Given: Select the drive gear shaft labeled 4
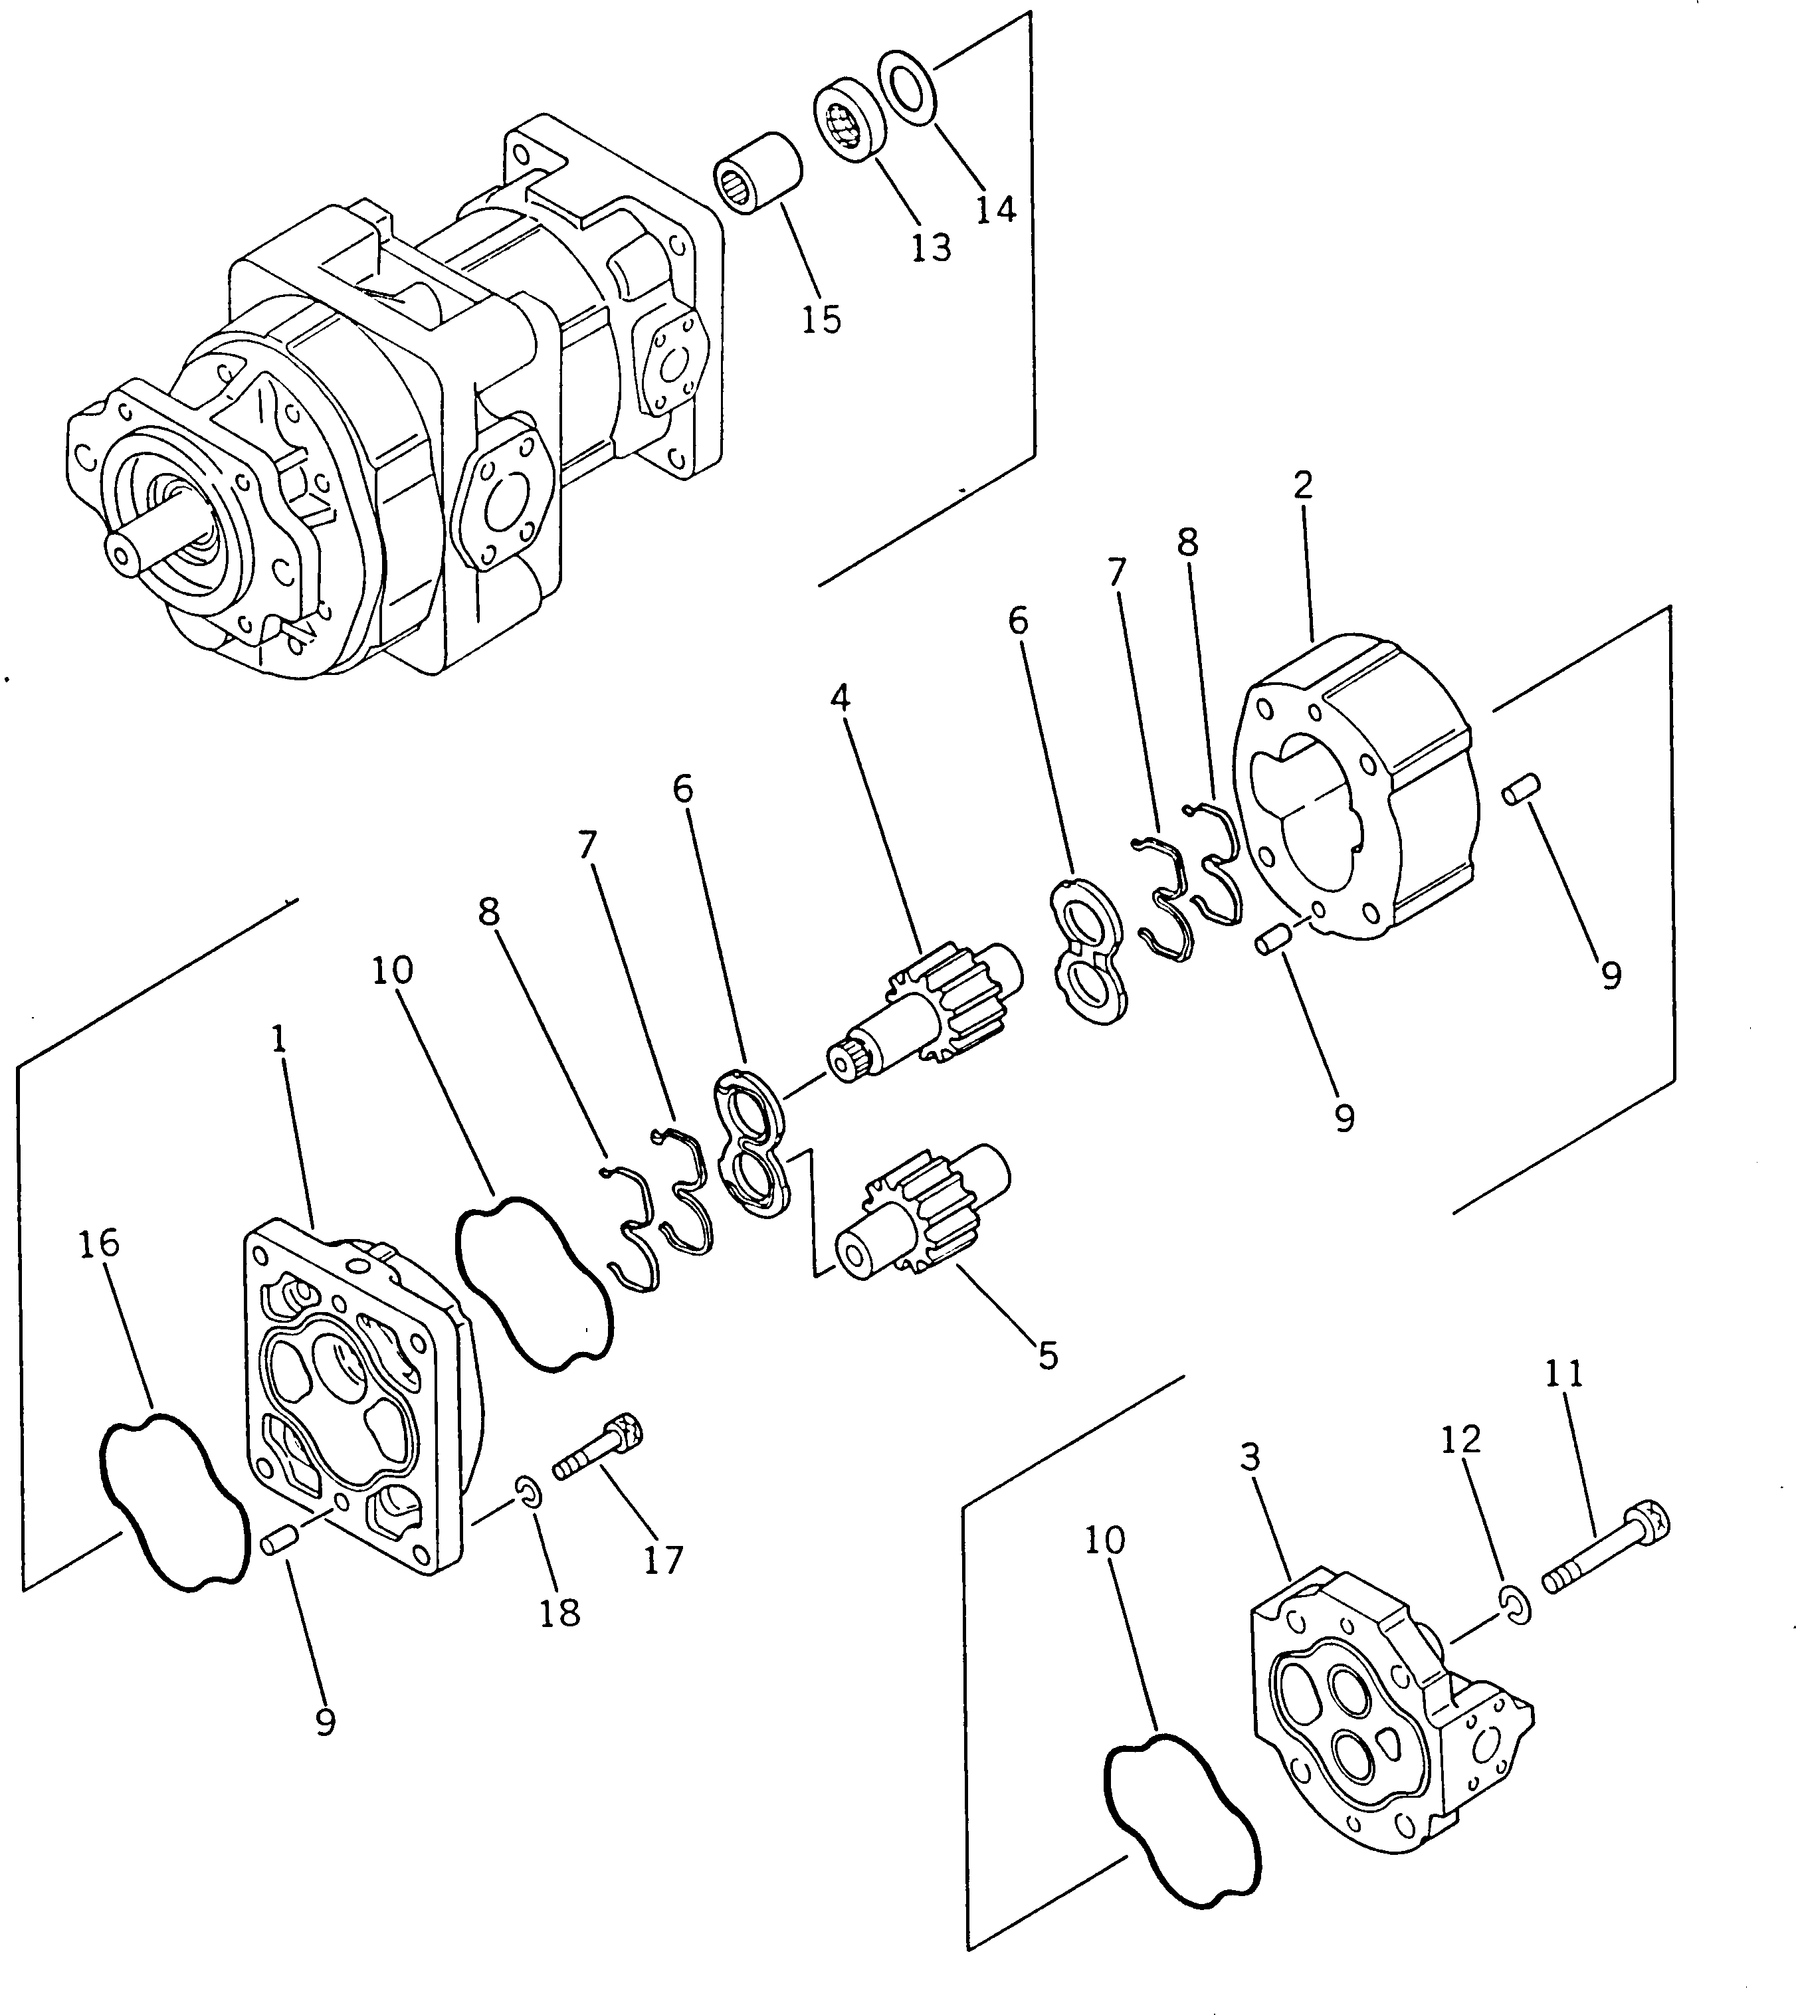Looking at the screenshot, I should pos(928,1011).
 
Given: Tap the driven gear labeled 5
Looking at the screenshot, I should pos(918,1214).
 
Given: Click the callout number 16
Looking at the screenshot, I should pos(99,1243).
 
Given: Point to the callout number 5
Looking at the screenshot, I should pos(1048,1355).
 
